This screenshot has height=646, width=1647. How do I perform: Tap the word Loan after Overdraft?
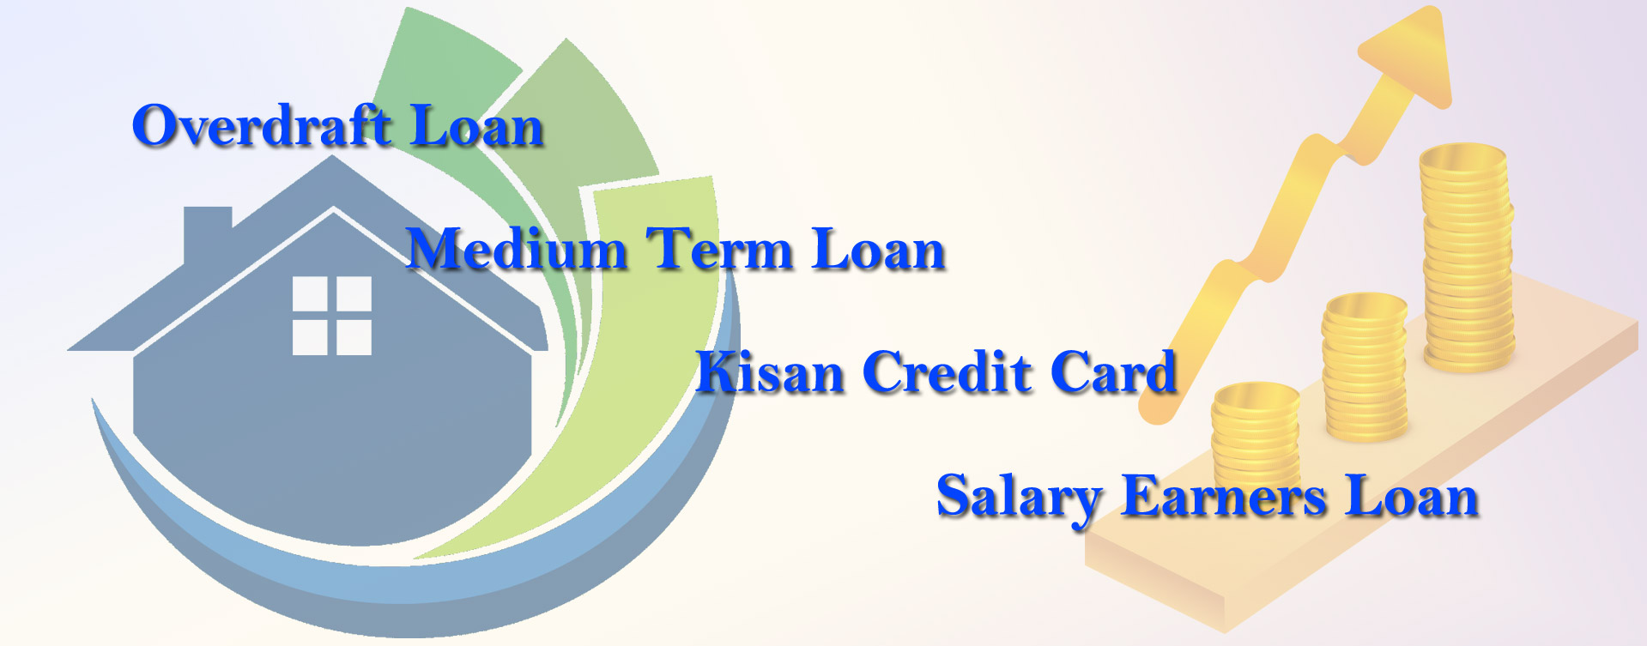[477, 125]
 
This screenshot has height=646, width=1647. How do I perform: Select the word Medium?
[517, 249]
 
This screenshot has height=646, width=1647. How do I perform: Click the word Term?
[718, 249]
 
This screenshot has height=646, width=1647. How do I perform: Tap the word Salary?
[1020, 498]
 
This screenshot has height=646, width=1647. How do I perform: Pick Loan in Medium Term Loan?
[877, 249]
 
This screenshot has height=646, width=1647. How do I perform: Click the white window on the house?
[332, 315]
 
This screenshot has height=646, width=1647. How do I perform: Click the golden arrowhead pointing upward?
[1408, 56]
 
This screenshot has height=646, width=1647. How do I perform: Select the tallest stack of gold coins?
[1466, 257]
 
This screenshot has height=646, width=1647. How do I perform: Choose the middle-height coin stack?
[1365, 366]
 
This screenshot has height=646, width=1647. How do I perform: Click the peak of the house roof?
[333, 157]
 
